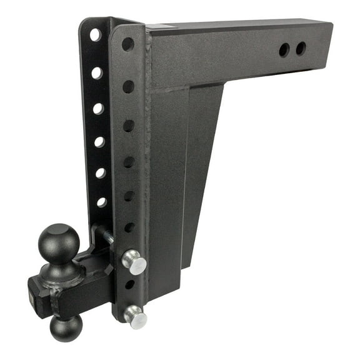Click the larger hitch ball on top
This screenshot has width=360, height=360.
click(59, 241)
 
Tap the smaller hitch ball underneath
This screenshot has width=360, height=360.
click(66, 328)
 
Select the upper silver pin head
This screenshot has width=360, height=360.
click(134, 261)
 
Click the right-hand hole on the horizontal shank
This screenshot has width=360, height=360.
click(301, 48)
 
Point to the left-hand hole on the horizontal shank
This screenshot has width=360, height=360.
click(284, 51)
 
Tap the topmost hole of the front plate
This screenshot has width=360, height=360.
click(127, 44)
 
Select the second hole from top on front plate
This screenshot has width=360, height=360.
click(128, 86)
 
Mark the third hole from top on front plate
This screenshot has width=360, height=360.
click(129, 126)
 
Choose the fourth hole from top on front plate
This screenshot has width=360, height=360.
click(129, 162)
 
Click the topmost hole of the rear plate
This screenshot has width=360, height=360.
click(95, 35)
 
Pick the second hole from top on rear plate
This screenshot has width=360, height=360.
click(97, 73)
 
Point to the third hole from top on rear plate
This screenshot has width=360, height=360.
click(98, 109)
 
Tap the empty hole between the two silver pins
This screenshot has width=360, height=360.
click(129, 285)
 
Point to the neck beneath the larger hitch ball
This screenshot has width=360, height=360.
click(61, 269)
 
